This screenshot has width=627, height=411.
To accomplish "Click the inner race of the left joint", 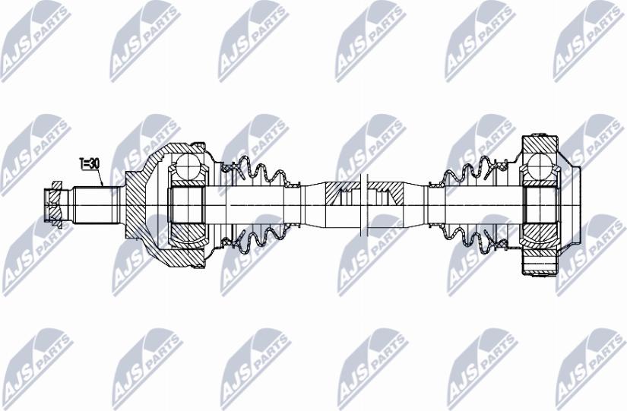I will (185, 204).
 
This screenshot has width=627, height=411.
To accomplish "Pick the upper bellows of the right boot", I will (467, 173).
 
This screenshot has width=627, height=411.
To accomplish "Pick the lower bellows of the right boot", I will (467, 236).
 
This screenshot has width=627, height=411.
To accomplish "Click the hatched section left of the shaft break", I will (338, 194).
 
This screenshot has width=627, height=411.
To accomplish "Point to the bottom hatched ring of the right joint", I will (540, 266).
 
